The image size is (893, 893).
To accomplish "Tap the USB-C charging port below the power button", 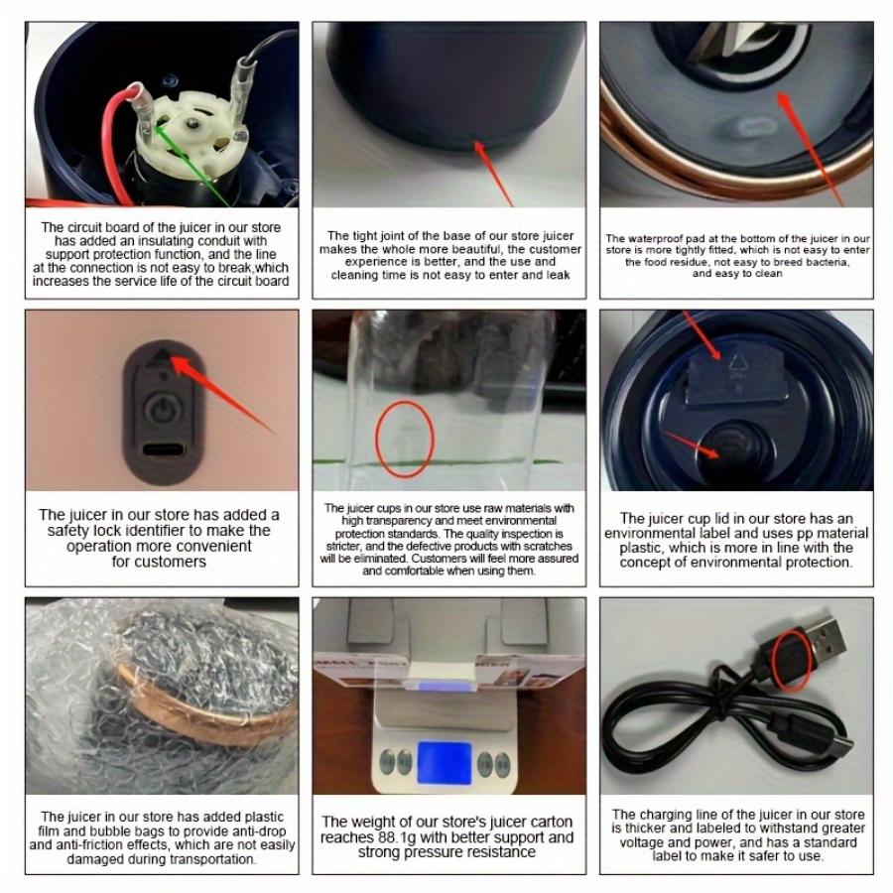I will pyautogui.click(x=161, y=449).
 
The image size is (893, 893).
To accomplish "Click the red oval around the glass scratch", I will pyautogui.click(x=405, y=439).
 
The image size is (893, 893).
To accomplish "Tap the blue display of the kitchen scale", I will pyautogui.click(x=448, y=760).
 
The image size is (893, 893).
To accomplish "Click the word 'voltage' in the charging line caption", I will pyautogui.click(x=639, y=842).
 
